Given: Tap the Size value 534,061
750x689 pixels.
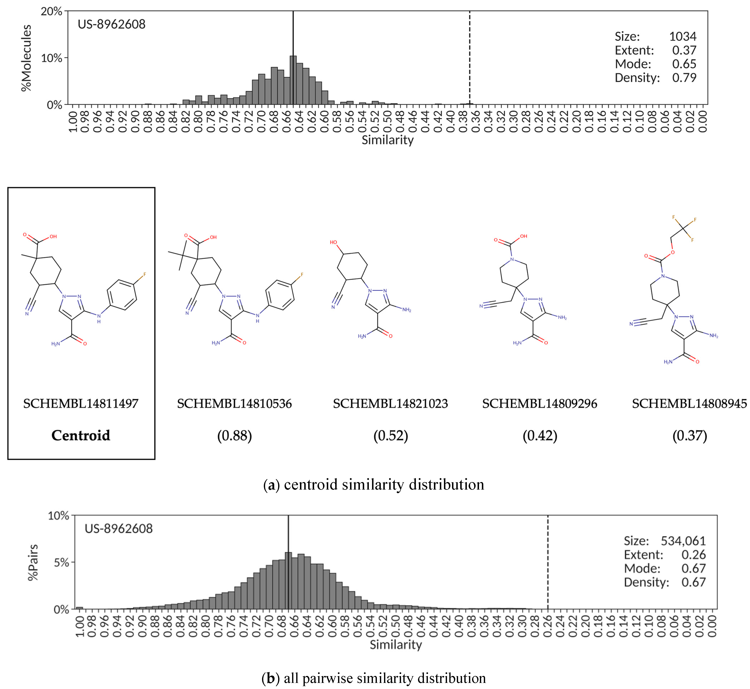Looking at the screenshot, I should point(683,541).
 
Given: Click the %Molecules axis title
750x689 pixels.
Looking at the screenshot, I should point(26,58).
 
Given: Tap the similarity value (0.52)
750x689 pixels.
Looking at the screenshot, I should point(390,436).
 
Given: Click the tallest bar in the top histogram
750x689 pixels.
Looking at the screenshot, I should point(293,80).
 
